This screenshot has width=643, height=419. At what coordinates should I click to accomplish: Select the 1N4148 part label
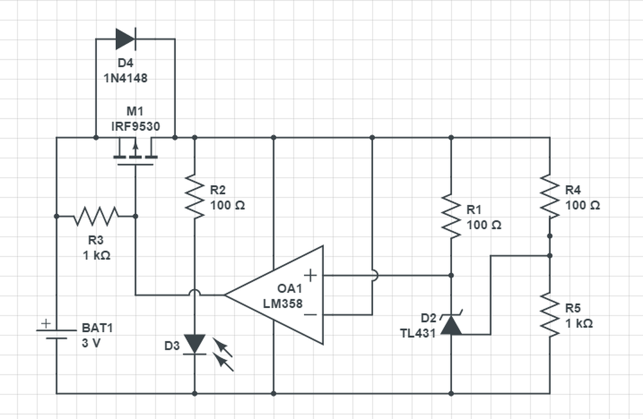[x=126, y=78]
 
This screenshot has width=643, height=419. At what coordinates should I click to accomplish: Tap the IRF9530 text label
[x=136, y=126]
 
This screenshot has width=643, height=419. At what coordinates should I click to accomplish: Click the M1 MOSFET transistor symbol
[x=136, y=152]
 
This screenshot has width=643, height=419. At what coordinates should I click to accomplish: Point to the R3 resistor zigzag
[x=96, y=216]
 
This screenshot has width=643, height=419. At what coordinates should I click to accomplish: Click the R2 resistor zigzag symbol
[x=194, y=196]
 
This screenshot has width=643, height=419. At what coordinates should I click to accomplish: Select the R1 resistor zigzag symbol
[x=451, y=216]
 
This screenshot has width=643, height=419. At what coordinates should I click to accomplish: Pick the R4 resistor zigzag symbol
[x=550, y=196]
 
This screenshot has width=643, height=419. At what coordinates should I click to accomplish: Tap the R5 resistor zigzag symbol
[x=550, y=315]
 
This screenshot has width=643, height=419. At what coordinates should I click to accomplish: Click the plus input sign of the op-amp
[x=310, y=275]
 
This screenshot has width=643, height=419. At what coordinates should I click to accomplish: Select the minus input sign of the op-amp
[x=310, y=315]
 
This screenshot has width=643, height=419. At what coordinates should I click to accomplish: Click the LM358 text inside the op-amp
[x=283, y=304]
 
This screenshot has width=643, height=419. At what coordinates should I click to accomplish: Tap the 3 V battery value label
[x=91, y=343]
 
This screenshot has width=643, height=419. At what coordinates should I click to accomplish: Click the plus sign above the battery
[x=46, y=324]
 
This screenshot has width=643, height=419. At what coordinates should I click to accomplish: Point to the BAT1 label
[x=97, y=328]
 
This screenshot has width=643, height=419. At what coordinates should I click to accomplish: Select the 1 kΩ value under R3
[x=96, y=255]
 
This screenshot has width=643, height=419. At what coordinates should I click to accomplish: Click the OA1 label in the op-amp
[x=290, y=289]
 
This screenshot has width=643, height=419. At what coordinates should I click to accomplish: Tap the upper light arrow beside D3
[x=222, y=347]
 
